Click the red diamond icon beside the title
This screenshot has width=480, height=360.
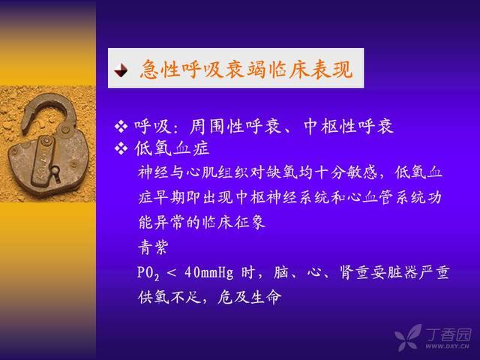pos(121,70)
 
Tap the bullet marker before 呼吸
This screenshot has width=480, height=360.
pos(121,126)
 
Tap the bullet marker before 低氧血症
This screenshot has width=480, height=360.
pos(121,148)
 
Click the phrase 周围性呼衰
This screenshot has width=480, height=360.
pos(235,126)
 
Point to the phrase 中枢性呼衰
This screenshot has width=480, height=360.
pos(348,126)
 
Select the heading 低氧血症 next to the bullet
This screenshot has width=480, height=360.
pos(172,148)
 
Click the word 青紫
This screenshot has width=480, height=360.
pos(153,247)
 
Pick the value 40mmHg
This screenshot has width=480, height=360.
pos(208,272)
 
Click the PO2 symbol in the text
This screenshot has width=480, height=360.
pos(148,273)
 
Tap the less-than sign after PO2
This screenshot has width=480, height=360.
pos(172,273)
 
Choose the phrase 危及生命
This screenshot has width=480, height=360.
pos(249,297)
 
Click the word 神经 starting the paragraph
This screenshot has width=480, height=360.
pos(153,172)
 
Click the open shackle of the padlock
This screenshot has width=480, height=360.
pos(49,110)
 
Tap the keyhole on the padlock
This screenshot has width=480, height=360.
pos(55,172)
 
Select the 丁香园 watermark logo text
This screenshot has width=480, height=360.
pos(448,334)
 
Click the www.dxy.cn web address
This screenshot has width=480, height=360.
pos(447,346)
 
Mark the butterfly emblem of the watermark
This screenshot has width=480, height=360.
pos(408,337)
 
